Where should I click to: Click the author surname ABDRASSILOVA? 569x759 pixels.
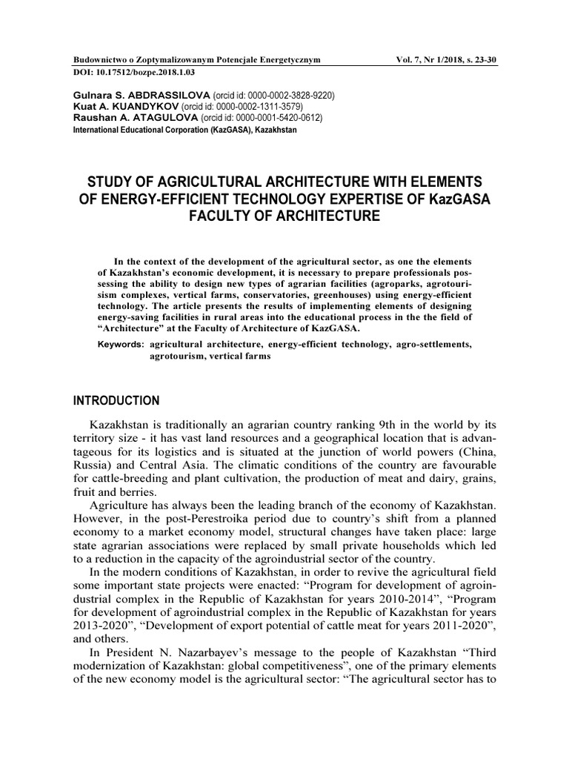pyautogui.click(x=173, y=96)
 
